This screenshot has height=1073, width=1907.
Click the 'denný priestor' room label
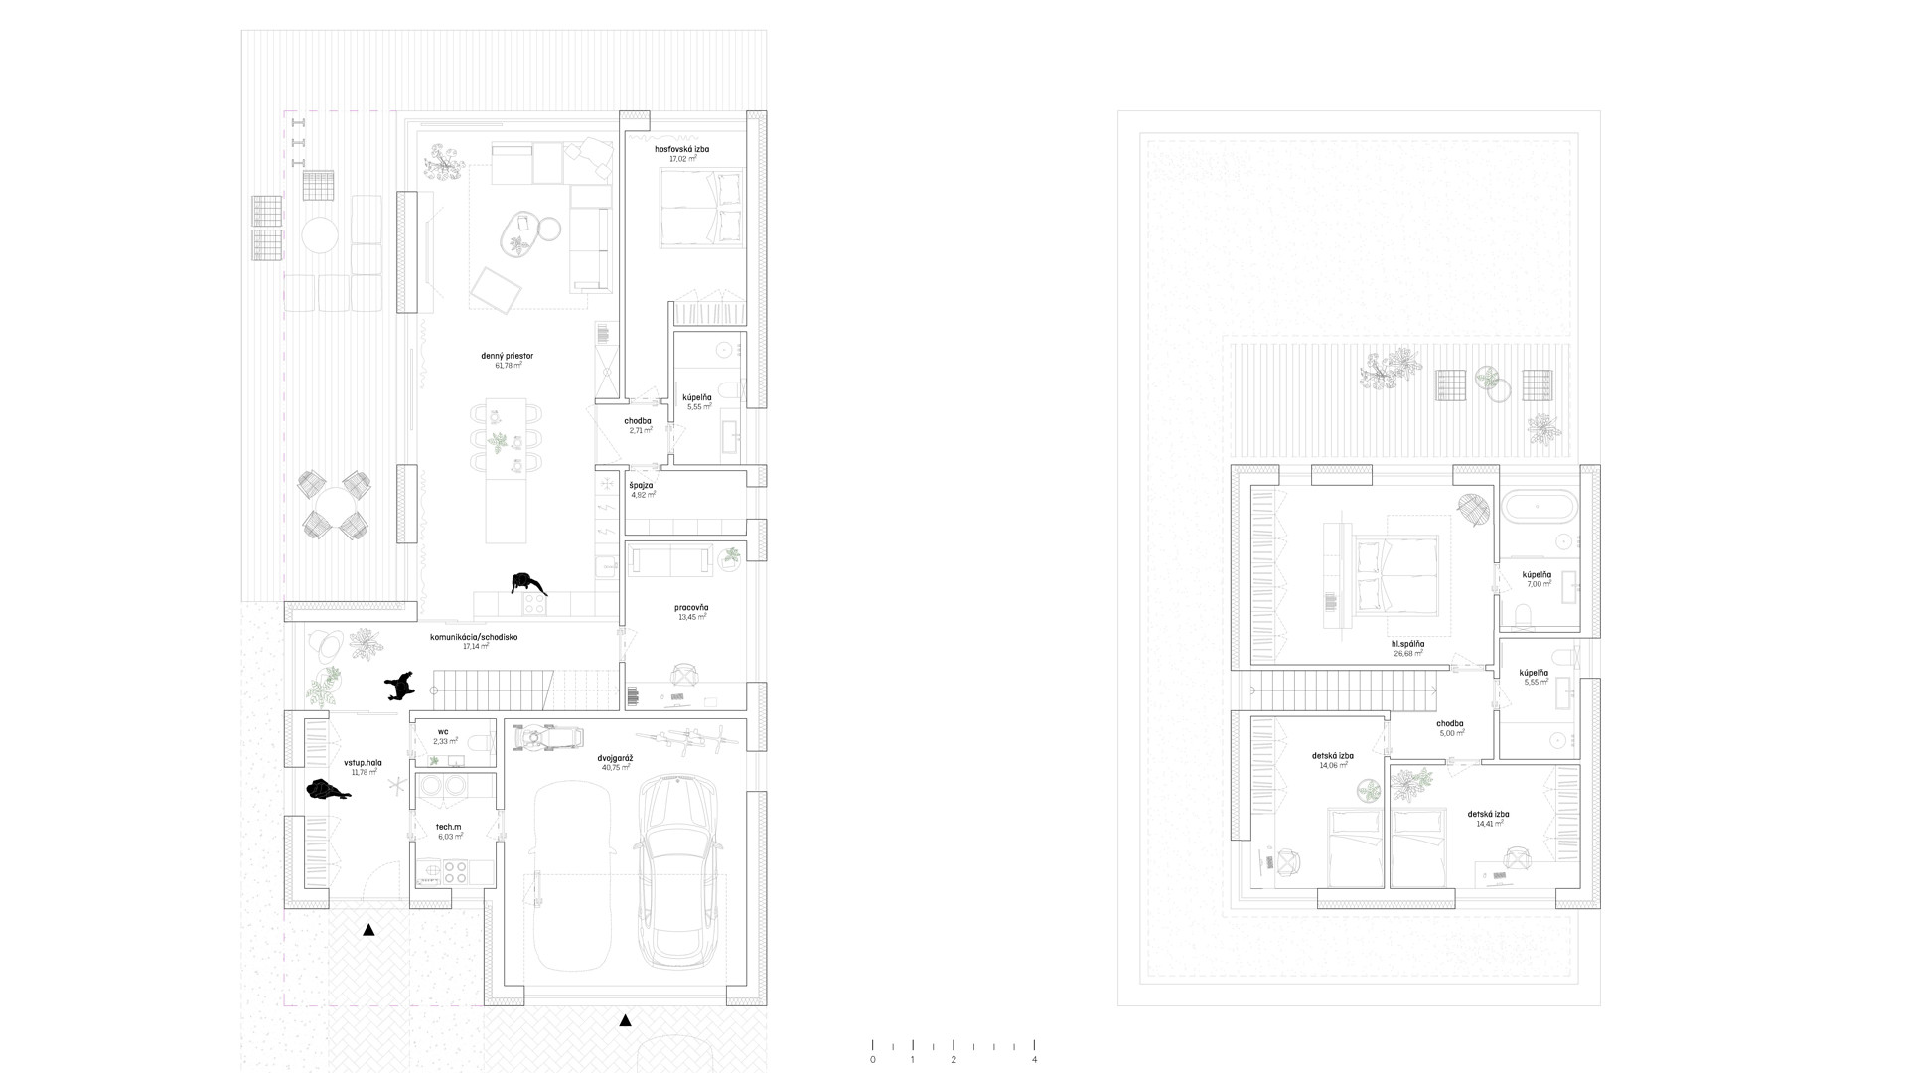(x=508, y=355)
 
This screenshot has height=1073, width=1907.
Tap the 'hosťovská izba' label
(x=681, y=149)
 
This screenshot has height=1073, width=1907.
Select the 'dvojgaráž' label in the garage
(x=616, y=758)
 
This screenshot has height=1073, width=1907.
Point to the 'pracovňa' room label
(x=690, y=607)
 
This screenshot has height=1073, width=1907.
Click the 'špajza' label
(x=641, y=485)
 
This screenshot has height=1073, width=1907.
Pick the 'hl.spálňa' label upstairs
(x=1407, y=644)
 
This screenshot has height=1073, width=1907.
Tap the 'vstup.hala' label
(x=363, y=763)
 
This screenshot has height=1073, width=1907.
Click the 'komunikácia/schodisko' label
(x=473, y=637)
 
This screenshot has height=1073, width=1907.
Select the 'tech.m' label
(x=448, y=827)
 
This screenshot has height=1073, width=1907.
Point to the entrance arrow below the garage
(x=625, y=1020)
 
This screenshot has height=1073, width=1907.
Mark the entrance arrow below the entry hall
(x=368, y=930)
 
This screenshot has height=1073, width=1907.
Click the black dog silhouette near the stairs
(x=398, y=686)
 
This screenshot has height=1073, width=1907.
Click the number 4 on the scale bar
(x=1034, y=1059)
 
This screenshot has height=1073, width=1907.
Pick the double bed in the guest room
(x=701, y=208)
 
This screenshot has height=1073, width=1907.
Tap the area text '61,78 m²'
(x=508, y=366)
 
